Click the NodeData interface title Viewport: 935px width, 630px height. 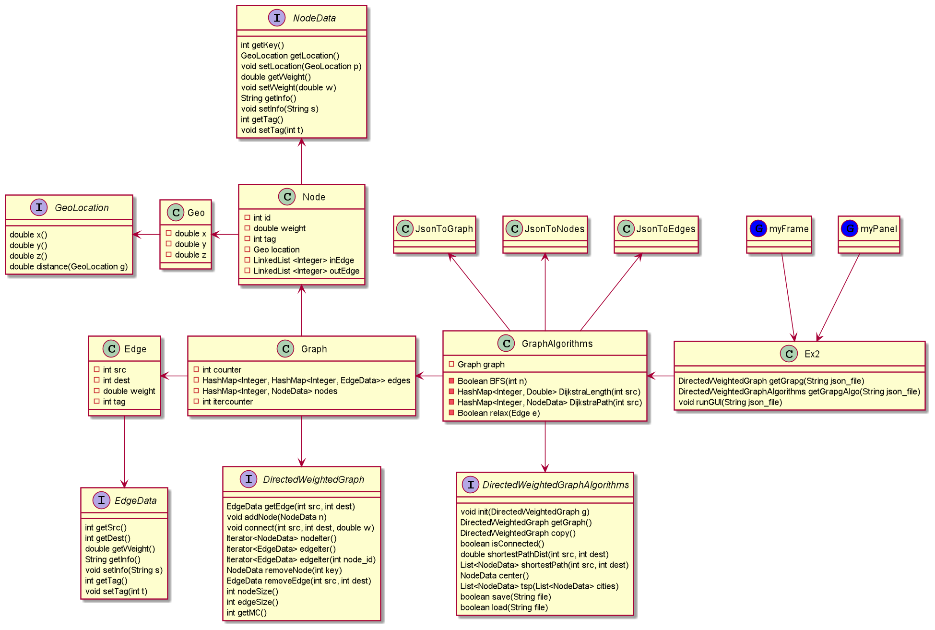pyautogui.click(x=314, y=18)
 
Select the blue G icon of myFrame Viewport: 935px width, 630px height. pyautogui.click(x=758, y=228)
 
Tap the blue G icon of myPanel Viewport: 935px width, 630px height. pyautogui.click(x=850, y=228)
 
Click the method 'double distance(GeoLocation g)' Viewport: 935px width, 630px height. pyautogui.click(x=69, y=266)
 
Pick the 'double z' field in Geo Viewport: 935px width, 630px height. pyautogui.click(x=190, y=255)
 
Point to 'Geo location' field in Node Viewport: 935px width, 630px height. pyautogui.click(x=276, y=250)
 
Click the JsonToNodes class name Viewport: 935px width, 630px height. pyautogui.click(x=554, y=229)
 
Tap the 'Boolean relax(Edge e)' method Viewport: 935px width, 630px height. pyautogui.click(x=498, y=413)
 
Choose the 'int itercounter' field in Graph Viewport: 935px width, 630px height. pyautogui.click(x=227, y=402)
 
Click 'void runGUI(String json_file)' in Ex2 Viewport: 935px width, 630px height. pyautogui.click(x=730, y=402)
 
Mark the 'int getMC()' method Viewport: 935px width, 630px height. pyautogui.click(x=247, y=612)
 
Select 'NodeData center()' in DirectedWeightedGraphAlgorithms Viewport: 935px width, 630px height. pyautogui.click(x=494, y=575)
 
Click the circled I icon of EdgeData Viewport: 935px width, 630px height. pyautogui.click(x=101, y=500)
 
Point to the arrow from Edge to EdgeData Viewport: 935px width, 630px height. pyautogui.click(x=124, y=451)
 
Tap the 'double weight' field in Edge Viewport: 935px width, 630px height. pyautogui.click(x=129, y=391)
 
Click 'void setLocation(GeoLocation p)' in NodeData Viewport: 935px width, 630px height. pyautogui.click(x=301, y=66)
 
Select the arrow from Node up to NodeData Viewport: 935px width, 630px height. pyautogui.click(x=301, y=161)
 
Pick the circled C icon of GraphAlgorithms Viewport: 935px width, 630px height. pyautogui.click(x=506, y=343)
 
